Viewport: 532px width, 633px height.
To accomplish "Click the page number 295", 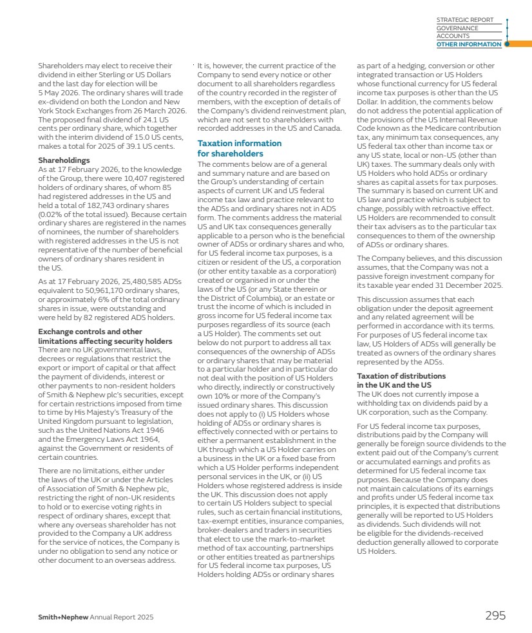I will (x=495, y=616).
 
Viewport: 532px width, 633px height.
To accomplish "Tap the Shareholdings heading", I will (x=64, y=160).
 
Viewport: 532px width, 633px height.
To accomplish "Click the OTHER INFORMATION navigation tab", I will (x=468, y=44).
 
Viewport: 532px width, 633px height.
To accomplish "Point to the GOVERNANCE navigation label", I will (x=457, y=28).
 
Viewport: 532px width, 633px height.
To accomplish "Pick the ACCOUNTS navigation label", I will (x=453, y=36).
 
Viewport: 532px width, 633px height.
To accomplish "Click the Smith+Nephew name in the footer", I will (x=62, y=617).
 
